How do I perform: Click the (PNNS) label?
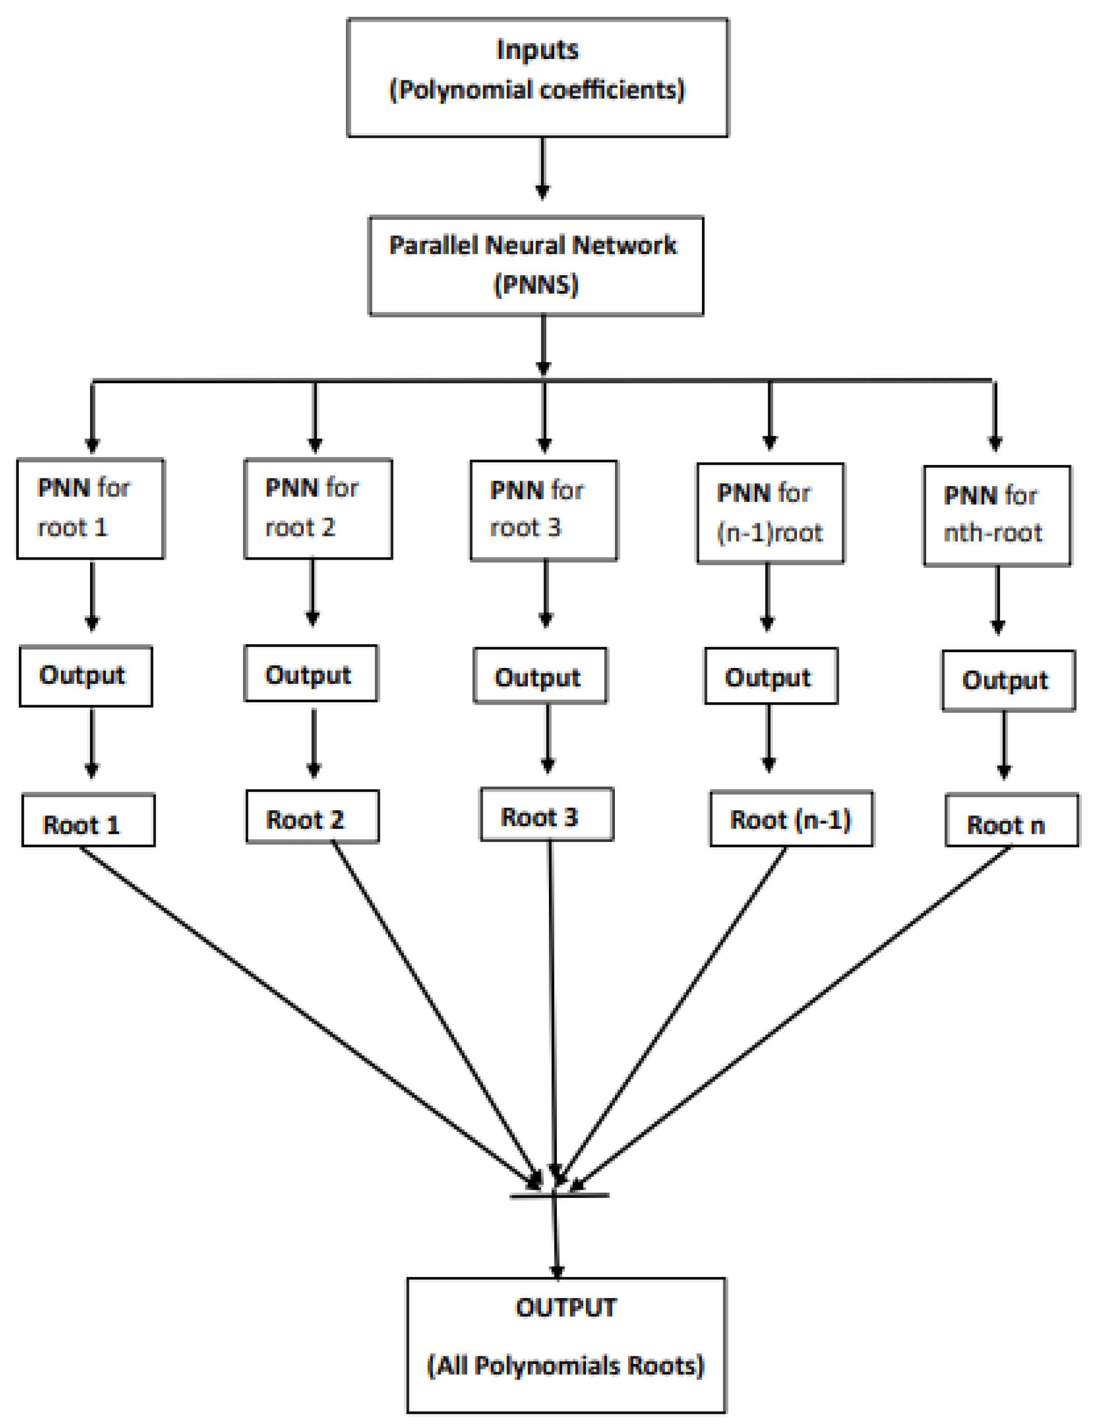[x=536, y=285]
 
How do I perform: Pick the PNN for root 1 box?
[x=91, y=508]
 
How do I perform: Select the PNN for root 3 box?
[x=543, y=510]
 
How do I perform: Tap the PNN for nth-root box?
[x=997, y=515]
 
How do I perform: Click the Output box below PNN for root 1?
[x=86, y=676]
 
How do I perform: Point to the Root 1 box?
[x=88, y=820]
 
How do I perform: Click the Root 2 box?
[x=312, y=817]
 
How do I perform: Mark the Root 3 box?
[x=546, y=815]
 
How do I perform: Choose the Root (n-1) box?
[x=790, y=818]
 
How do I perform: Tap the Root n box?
[x=1012, y=821]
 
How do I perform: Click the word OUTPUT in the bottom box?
[x=566, y=1308]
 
